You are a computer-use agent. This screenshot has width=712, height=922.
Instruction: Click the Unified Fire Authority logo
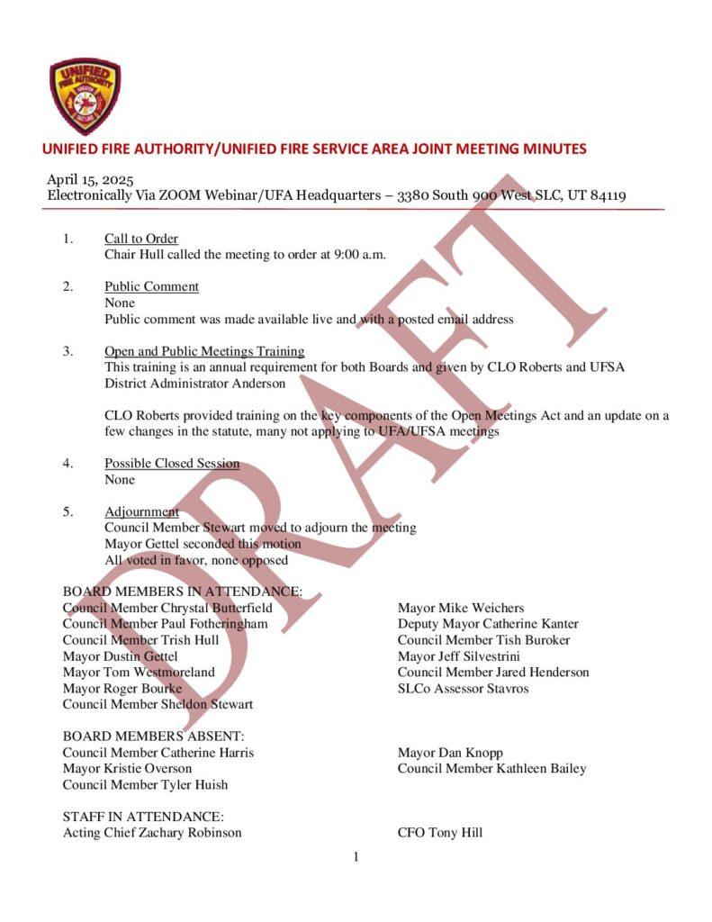(86, 96)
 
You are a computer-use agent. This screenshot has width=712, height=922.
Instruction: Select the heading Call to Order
(141, 239)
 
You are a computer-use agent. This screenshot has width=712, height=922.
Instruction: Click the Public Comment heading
(151, 286)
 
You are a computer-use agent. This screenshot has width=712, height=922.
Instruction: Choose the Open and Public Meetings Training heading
(204, 351)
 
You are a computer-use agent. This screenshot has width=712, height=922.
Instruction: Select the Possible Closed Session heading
(172, 464)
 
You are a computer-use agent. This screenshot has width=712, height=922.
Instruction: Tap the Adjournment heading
(141, 511)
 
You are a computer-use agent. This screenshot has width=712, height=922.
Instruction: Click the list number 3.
(68, 351)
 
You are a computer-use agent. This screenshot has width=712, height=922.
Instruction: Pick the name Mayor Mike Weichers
(461, 608)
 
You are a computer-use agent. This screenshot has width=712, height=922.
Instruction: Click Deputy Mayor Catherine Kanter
(488, 624)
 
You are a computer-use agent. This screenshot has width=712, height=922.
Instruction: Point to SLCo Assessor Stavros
(463, 689)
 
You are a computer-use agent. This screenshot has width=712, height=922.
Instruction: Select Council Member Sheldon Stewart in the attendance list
(158, 704)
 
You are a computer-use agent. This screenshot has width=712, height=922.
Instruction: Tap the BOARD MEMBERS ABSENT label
(153, 737)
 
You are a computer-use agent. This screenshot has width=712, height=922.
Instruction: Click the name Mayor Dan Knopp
(450, 753)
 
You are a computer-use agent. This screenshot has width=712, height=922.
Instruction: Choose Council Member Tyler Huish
(145, 784)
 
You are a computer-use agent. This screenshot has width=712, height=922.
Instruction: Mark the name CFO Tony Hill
(440, 833)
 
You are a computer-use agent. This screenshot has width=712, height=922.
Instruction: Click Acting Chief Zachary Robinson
(152, 833)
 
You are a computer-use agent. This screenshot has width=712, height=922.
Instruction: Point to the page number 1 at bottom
(356, 857)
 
